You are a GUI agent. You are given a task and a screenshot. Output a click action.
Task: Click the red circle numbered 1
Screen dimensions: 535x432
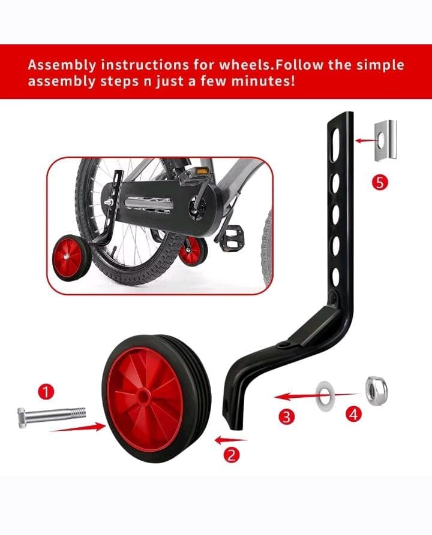[x=47, y=392]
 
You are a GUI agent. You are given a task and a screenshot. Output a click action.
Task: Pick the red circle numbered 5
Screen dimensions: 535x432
[x=379, y=183]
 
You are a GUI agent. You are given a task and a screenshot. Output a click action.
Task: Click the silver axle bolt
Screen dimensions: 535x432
[x=52, y=413]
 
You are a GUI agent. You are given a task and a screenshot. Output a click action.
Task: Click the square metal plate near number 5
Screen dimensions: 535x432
[x=385, y=140]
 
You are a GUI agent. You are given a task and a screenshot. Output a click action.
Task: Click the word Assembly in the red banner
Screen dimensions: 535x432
[x=59, y=64]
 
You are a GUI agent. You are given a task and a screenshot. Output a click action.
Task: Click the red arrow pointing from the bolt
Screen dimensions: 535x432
[x=75, y=427]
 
